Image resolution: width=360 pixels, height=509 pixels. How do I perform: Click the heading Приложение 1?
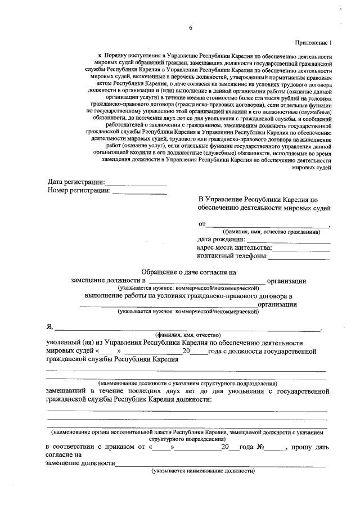[x=313, y=43]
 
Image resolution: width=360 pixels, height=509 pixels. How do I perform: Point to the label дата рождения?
[x=221, y=239]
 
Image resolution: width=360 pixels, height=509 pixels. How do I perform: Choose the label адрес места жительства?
[x=234, y=247]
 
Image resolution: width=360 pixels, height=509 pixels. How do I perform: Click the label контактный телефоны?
[x=232, y=256]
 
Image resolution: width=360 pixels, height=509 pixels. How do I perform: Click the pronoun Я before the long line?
[x=49, y=328]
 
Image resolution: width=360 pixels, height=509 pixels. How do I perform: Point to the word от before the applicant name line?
[x=202, y=224]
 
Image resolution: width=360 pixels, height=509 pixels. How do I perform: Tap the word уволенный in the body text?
[x=66, y=343]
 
